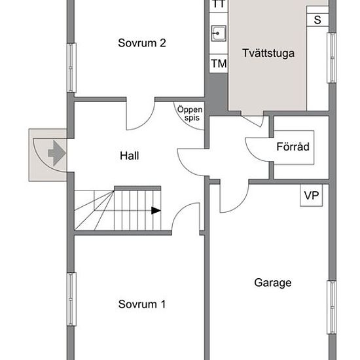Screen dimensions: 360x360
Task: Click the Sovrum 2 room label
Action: pos(141,43)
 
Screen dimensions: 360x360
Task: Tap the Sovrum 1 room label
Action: pos(141,304)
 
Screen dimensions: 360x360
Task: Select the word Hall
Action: pos(129,156)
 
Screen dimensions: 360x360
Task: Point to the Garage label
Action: pos(273,283)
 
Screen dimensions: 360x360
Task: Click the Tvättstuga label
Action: pos(268,53)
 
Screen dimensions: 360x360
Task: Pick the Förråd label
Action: pos(293,147)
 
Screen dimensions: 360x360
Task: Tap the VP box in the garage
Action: pos(312,196)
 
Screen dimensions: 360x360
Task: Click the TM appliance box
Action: pos(219,63)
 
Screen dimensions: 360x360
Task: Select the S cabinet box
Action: pos(317,20)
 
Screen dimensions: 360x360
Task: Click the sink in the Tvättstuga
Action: pos(219,33)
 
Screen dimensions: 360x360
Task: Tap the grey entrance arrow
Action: pos(56,153)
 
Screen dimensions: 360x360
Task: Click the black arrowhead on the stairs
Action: pos(156,210)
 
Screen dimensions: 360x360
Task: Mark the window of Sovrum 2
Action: pos(71,67)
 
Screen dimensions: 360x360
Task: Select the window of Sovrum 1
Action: pos(71,299)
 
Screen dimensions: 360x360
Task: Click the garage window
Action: pos(332,307)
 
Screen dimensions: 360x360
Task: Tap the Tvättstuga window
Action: pos(332,58)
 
